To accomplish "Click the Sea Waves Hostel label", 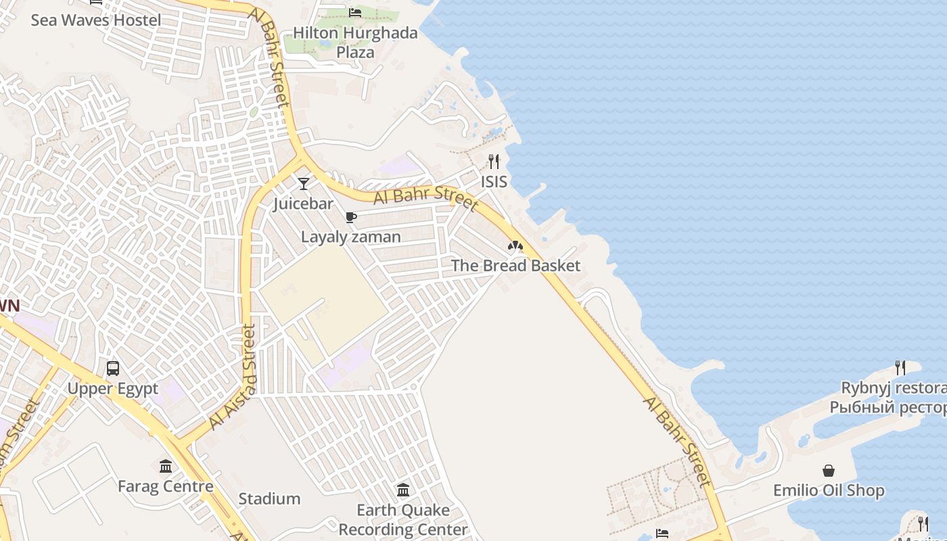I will coord(96,20).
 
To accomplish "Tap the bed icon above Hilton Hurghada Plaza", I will coord(355,12).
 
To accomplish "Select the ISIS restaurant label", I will coord(494,181).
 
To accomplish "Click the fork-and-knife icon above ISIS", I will coord(494,162).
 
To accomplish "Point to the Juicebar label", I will coord(303,204).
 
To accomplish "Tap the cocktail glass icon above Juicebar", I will coord(304,183).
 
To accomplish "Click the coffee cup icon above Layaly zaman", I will coord(350,217).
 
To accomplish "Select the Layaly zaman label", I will coord(350,237).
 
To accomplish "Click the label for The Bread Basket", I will coord(515,265).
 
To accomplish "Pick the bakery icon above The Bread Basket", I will coord(515,245).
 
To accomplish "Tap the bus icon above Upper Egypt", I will coord(113,369).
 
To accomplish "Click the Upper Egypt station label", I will coord(112,389).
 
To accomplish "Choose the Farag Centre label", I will coord(165,486).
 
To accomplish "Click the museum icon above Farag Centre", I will coord(166,466).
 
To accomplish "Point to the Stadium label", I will coord(269,499).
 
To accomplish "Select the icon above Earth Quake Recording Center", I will coord(403,490).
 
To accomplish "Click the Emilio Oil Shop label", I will coord(829,490).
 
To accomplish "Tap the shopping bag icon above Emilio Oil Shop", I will coord(829,471).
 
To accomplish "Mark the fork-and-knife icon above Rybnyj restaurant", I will coord(900,368).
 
